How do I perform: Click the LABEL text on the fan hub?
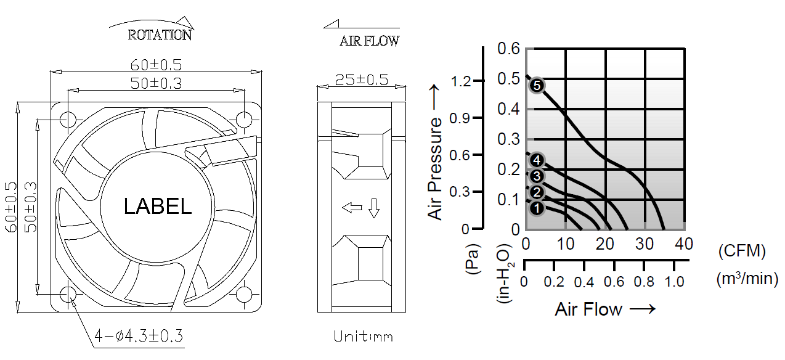click(x=158, y=206)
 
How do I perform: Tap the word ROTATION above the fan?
click(x=160, y=35)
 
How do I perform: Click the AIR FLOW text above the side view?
click(x=369, y=41)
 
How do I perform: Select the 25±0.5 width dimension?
click(x=362, y=80)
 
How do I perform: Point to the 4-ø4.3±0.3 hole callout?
click(x=139, y=336)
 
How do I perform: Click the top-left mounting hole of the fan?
click(x=68, y=120)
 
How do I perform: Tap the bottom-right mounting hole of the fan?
click(x=244, y=295)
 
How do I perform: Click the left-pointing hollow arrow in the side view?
click(x=352, y=208)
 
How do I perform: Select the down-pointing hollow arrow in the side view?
click(x=374, y=208)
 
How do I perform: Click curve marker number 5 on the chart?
click(x=537, y=86)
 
